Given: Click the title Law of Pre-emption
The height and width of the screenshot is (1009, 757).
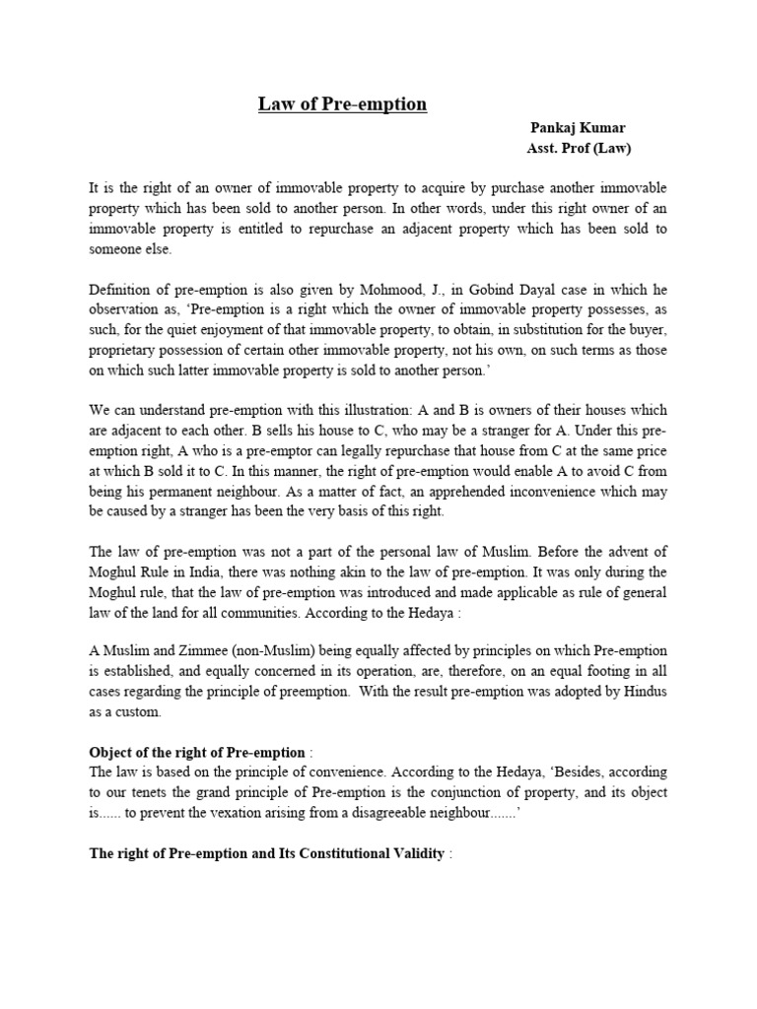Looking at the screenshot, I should pos(342,104).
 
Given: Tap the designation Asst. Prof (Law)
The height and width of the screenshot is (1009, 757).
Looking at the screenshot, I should pos(579,149).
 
